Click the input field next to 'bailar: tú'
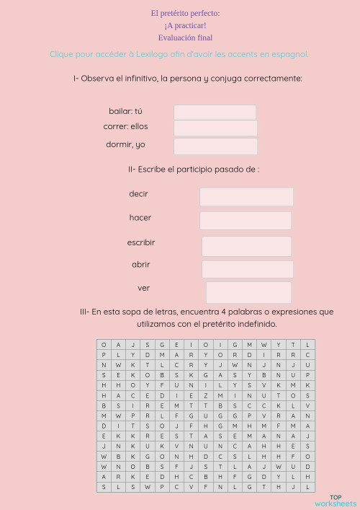215,112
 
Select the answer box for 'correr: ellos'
215,128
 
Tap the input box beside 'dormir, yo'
215,146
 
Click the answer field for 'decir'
246,196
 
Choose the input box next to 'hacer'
246,220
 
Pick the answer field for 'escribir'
246,245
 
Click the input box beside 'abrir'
247,269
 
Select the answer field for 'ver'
248,292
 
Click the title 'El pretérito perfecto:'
185,13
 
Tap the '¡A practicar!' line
185,25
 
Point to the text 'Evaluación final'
185,38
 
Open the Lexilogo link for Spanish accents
179,54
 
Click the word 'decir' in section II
138,194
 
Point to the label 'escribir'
141,243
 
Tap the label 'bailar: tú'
125,111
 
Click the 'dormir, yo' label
125,144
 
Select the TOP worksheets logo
336,500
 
